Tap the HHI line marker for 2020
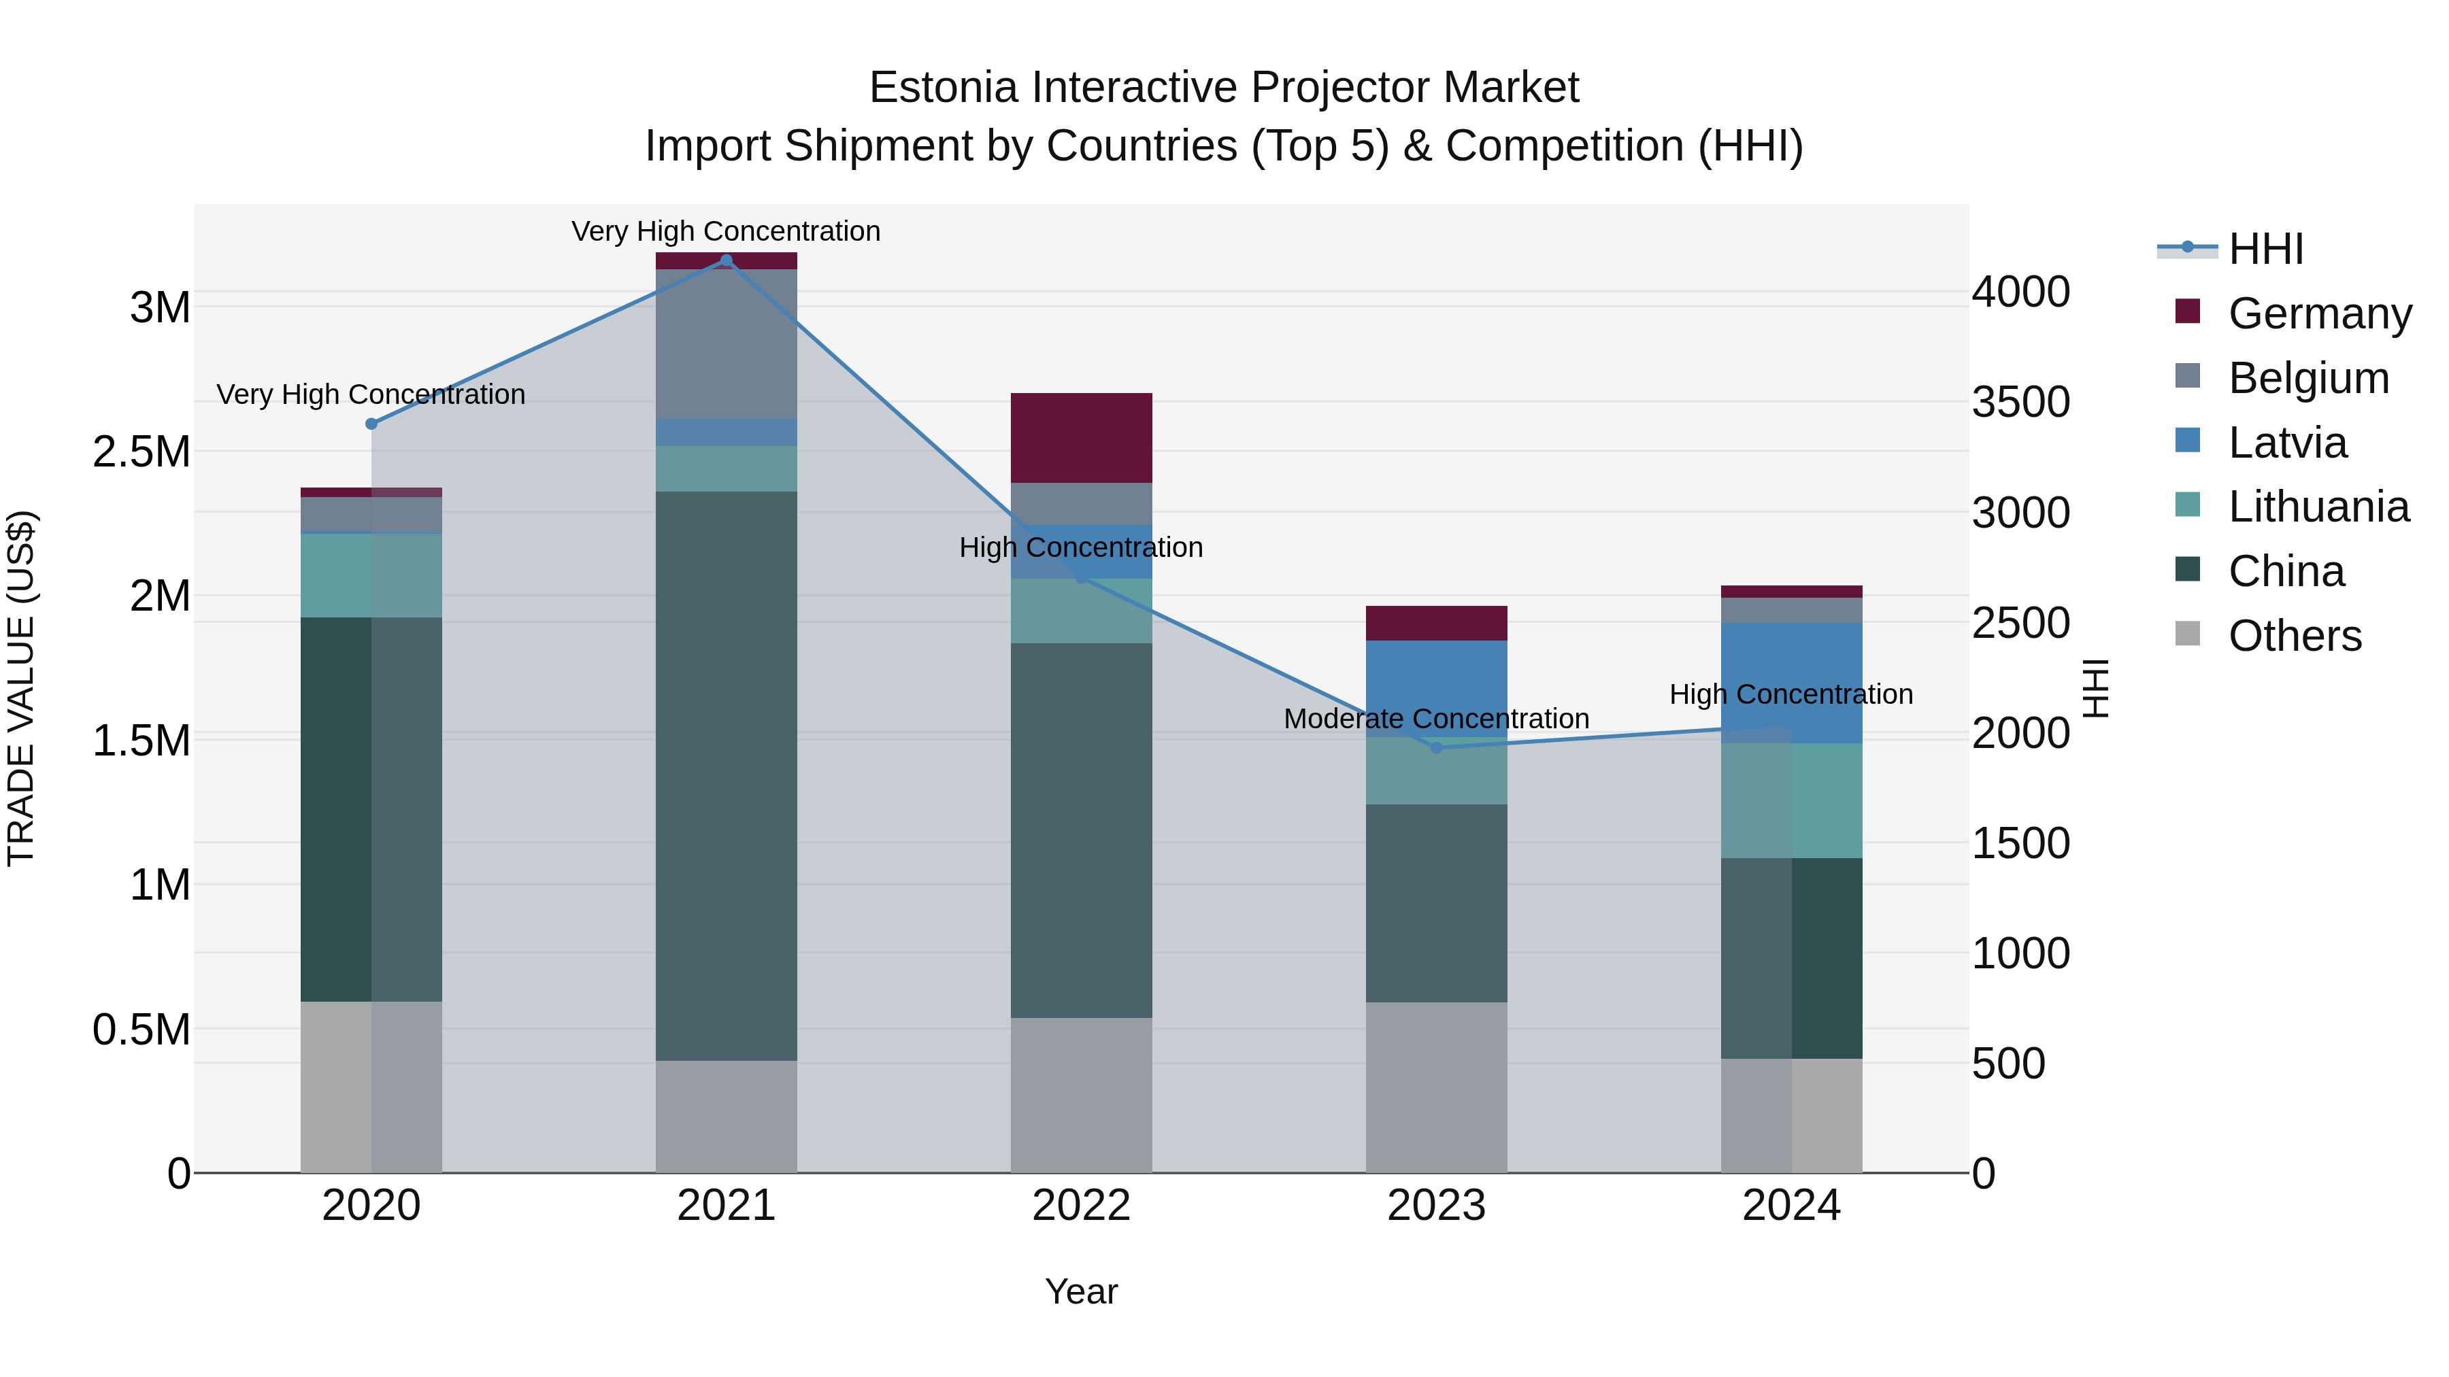371,424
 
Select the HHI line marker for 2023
1437,748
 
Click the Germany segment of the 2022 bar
1081,438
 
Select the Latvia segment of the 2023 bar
1437,688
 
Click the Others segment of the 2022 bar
1081,1095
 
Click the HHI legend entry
2265,249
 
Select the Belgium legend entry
2308,378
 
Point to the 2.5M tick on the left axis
141,452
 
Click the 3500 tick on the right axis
2020,402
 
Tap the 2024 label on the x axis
1791,1206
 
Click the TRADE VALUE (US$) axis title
21,688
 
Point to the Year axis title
1081,1291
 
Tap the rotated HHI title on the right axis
2095,688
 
